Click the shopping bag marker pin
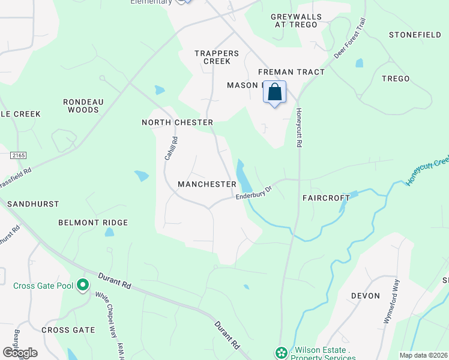pos(274,92)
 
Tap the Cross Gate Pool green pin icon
pos(83,285)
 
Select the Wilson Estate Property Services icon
pos(280,353)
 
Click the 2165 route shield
pos(18,155)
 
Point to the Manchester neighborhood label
pos(207,184)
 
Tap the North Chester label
pos(177,122)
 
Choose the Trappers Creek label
pos(217,57)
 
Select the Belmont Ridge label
pos(93,223)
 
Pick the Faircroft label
pos(326,197)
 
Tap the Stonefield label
pos(415,35)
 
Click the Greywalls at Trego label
pos(296,20)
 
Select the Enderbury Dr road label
pos(254,192)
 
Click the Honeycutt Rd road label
pos(298,127)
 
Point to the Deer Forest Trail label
pos(349,37)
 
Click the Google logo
pos(20,352)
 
